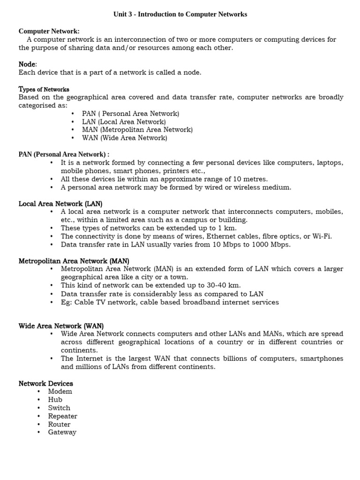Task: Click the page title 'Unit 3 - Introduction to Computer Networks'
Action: (180, 15)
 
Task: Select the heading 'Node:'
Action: (28, 64)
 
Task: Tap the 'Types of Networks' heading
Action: (44, 89)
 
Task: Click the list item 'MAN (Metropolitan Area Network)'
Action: (137, 130)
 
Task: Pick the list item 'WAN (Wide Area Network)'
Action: (124, 138)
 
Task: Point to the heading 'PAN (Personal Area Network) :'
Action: (64, 154)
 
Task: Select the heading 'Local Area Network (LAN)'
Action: (60, 203)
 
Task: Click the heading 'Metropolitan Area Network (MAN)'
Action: (74, 261)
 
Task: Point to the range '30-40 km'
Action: (225, 285)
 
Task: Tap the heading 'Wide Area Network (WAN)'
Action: (61, 326)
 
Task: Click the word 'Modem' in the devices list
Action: (60, 391)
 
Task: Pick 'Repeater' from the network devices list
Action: (62, 416)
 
